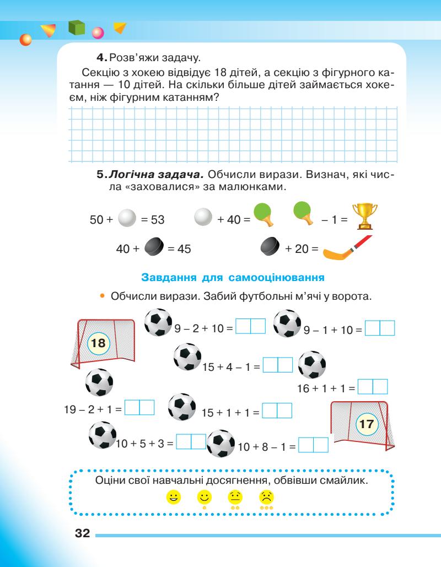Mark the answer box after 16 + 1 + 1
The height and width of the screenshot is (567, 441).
[x=373, y=386]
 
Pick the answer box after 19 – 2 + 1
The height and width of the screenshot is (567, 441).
[x=139, y=408]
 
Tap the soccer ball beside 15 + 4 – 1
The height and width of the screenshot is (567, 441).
[x=186, y=357]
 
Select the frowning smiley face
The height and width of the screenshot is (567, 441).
[x=266, y=496]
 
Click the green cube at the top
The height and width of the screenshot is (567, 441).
[x=78, y=29]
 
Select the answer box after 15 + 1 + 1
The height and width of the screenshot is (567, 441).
[x=276, y=411]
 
